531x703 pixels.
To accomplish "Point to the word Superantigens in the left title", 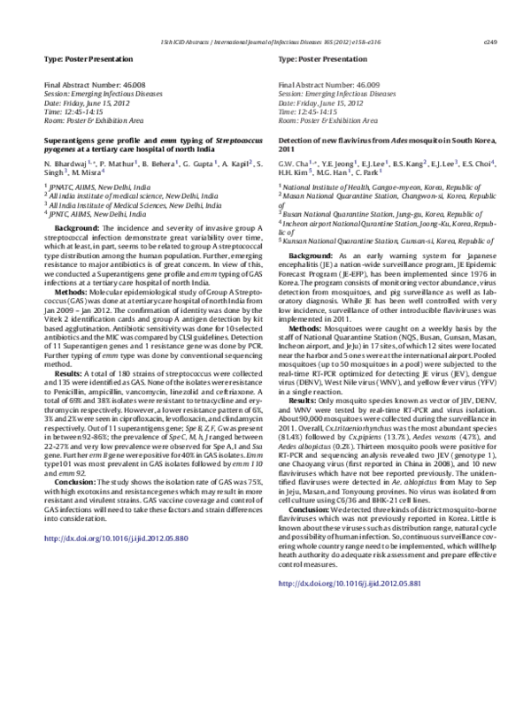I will coord(70,139).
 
